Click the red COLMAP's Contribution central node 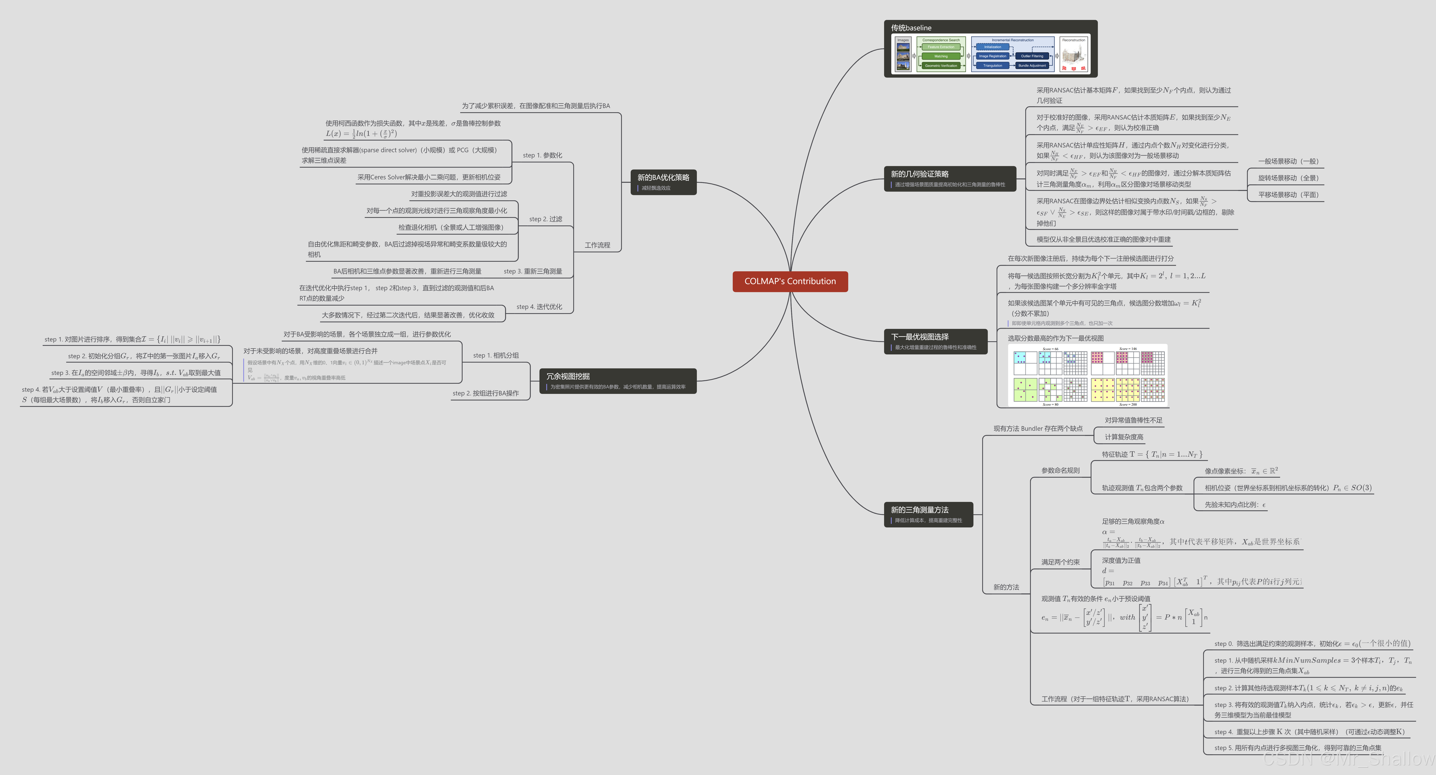point(790,281)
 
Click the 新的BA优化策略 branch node point(663,182)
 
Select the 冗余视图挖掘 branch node point(618,381)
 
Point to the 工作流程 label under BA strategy point(597,245)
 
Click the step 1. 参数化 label point(542,155)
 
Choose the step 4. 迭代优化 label point(539,307)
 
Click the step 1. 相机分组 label point(495,355)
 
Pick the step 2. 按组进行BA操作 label point(486,393)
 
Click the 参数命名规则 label point(1060,471)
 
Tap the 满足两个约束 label point(1060,562)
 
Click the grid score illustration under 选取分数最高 point(1088,376)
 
